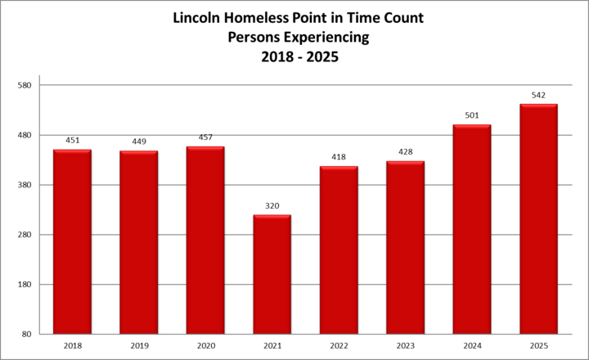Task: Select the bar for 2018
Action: [x=72, y=241]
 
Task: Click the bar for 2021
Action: [x=272, y=274]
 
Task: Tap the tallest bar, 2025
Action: [x=538, y=219]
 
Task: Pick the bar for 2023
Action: [x=405, y=247]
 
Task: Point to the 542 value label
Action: [x=538, y=96]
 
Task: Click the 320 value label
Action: [x=272, y=206]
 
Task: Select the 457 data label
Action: [x=205, y=137]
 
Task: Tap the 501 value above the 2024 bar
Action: [x=472, y=115]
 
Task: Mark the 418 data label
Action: [x=339, y=157]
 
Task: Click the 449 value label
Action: [x=138, y=142]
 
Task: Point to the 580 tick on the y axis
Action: [x=24, y=85]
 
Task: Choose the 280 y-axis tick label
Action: [x=24, y=235]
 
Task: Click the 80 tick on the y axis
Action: [x=26, y=335]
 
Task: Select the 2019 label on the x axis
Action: [x=138, y=346]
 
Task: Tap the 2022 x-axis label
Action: [x=339, y=346]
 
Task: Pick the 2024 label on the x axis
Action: [x=472, y=346]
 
